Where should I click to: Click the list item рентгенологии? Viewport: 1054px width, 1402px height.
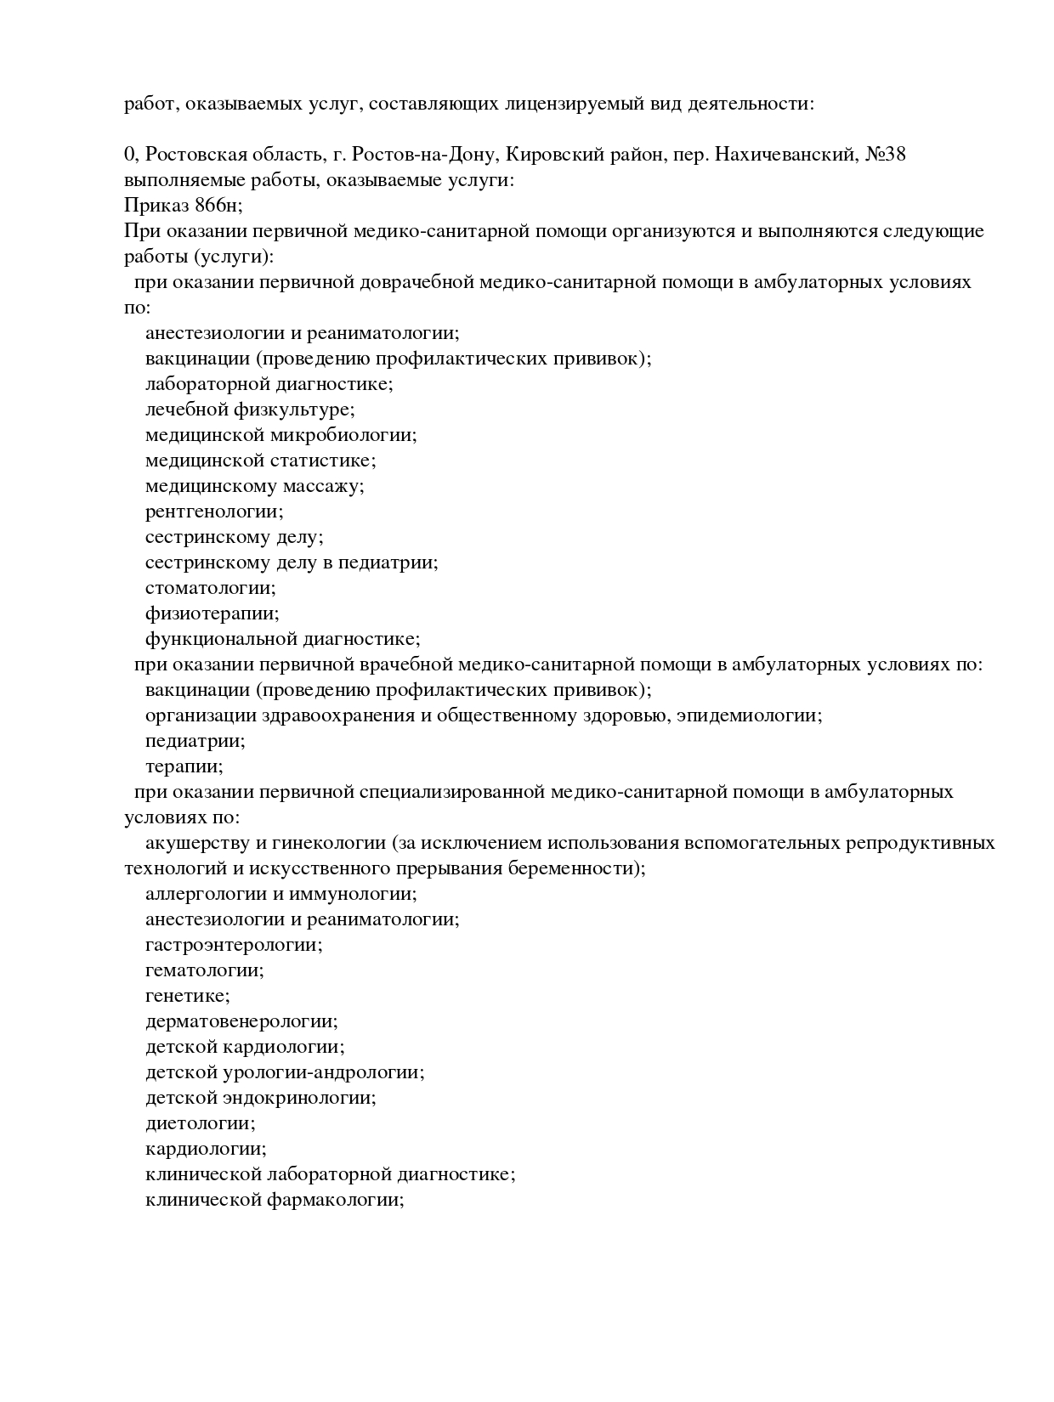click(x=214, y=512)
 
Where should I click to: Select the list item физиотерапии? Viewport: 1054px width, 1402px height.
click(x=212, y=613)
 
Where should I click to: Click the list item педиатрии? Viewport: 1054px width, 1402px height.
click(x=195, y=741)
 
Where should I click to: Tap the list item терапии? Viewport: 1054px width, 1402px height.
click(x=184, y=766)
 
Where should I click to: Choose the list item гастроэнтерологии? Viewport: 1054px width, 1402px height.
click(x=234, y=945)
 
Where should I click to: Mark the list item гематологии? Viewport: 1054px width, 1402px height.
click(x=204, y=970)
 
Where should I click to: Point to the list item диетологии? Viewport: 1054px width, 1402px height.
click(x=200, y=1123)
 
